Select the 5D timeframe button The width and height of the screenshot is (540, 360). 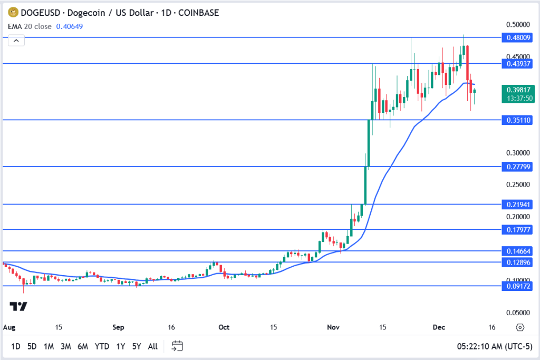tap(32, 346)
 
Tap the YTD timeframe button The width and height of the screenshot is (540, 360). tap(102, 346)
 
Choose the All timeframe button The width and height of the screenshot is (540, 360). tap(152, 346)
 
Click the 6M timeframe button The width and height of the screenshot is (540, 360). tap(82, 346)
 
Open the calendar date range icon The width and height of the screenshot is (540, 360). tap(177, 346)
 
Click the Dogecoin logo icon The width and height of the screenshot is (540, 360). tap(12, 12)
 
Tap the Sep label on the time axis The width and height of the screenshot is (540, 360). tap(118, 327)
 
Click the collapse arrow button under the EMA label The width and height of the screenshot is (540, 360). tap(16, 41)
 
